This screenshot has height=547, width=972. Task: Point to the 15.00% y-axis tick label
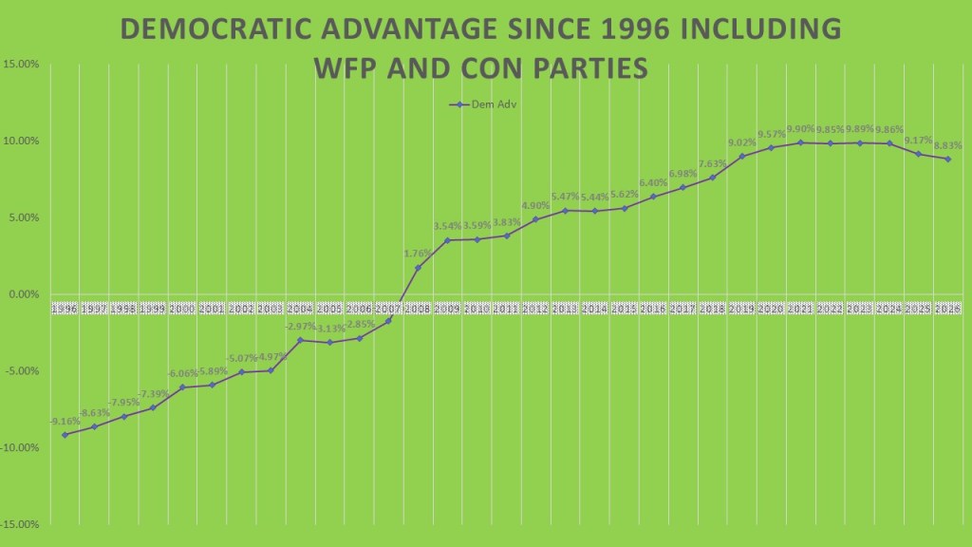point(20,65)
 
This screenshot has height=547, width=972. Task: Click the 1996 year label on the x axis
point(65,310)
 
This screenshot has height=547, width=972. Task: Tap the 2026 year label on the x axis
point(947,310)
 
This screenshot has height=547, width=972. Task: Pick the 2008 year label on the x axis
point(418,310)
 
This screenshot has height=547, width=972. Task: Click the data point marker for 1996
point(65,434)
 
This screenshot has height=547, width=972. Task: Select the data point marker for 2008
point(418,268)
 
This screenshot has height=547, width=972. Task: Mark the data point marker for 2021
point(800,142)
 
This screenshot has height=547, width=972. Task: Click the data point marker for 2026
point(947,159)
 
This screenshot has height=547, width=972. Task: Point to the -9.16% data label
point(65,421)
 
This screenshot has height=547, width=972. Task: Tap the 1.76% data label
point(418,254)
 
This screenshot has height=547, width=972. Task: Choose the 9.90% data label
point(800,129)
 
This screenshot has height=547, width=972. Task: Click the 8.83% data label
point(947,145)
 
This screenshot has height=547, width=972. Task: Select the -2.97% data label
point(300,327)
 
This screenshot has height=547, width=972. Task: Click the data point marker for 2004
point(300,340)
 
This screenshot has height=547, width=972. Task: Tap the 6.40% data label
point(653,182)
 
